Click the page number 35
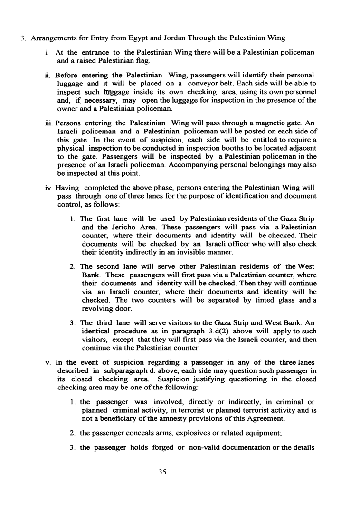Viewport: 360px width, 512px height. click(180, 472)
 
